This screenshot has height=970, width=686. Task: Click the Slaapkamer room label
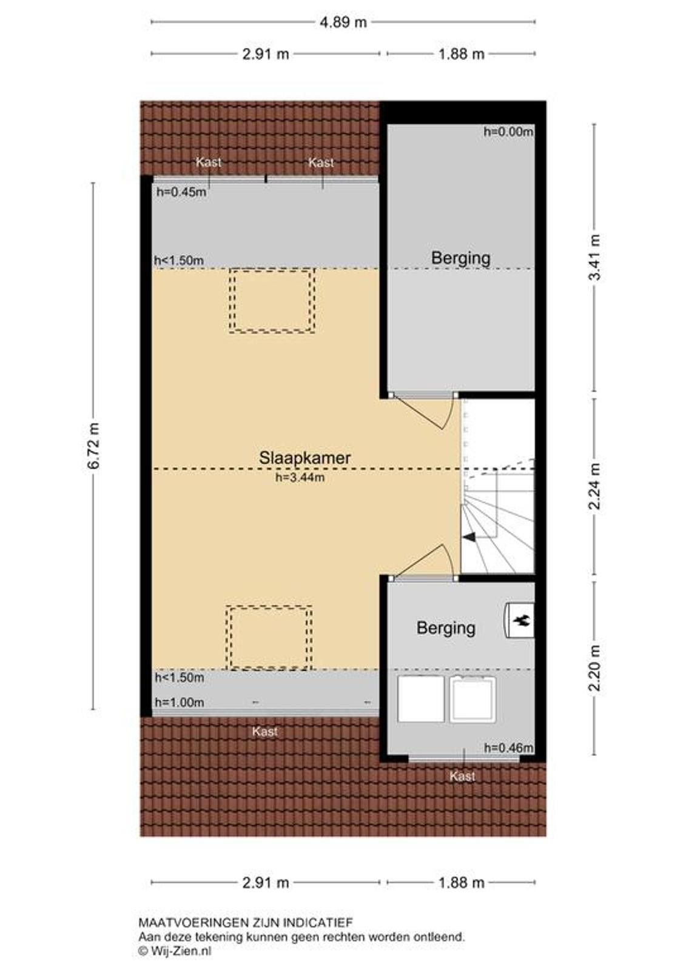[x=304, y=458]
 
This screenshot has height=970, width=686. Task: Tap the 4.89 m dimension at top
[x=343, y=22]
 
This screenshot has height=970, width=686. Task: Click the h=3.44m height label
[x=300, y=478]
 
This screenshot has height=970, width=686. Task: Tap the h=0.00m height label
[x=508, y=132]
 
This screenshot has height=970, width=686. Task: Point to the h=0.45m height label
[x=181, y=192]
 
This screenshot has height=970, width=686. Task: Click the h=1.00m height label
[x=180, y=703]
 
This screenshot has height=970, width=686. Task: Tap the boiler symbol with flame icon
[x=519, y=621]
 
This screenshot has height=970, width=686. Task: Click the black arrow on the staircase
[x=469, y=537]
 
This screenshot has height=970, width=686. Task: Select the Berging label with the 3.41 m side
[x=460, y=258]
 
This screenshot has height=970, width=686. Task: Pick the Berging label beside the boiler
[x=446, y=628]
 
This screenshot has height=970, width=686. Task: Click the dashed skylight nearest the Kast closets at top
[x=272, y=301]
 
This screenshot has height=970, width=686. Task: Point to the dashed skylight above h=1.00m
[x=269, y=638]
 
